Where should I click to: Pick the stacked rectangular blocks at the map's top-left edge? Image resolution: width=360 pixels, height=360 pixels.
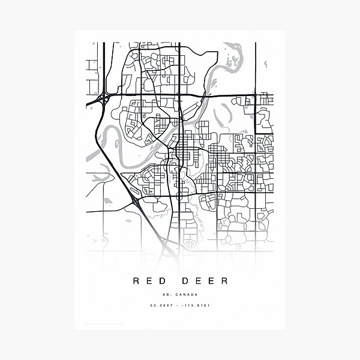(x=93, y=77)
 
